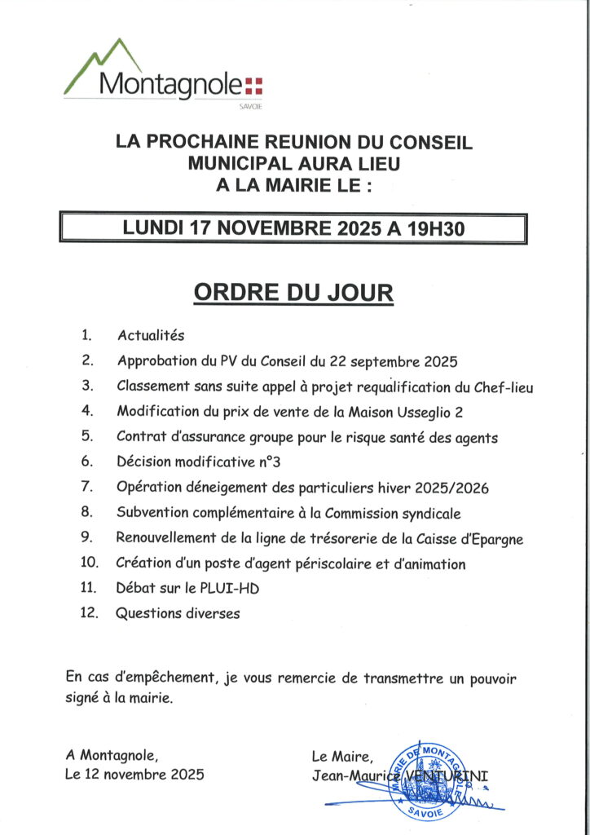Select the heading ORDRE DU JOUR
(x=293, y=293)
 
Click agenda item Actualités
(x=151, y=335)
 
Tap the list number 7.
(x=88, y=488)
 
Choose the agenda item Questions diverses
(x=178, y=613)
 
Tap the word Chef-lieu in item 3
(x=502, y=387)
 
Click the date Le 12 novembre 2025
(x=134, y=775)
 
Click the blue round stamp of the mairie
(x=425, y=781)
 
